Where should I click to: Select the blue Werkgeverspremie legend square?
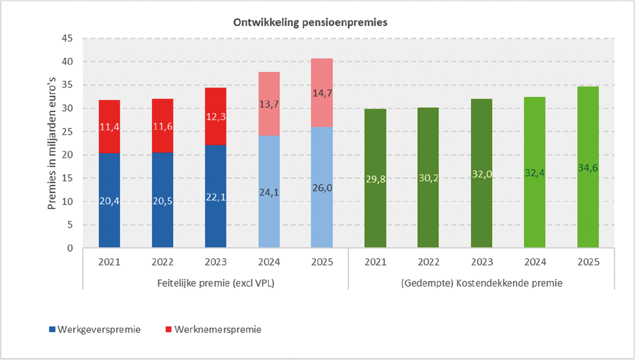click(52, 330)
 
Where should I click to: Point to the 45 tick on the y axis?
click(67, 39)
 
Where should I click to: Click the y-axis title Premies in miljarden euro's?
click(52, 143)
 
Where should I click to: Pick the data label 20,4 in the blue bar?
click(109, 202)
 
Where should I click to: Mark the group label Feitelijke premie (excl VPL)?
click(215, 283)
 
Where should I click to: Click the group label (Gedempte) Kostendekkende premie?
click(481, 283)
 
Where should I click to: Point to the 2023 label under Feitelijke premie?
click(216, 262)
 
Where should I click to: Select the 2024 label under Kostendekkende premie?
click(534, 262)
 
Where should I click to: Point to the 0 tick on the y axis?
click(70, 248)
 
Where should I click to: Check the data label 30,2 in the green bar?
click(428, 178)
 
